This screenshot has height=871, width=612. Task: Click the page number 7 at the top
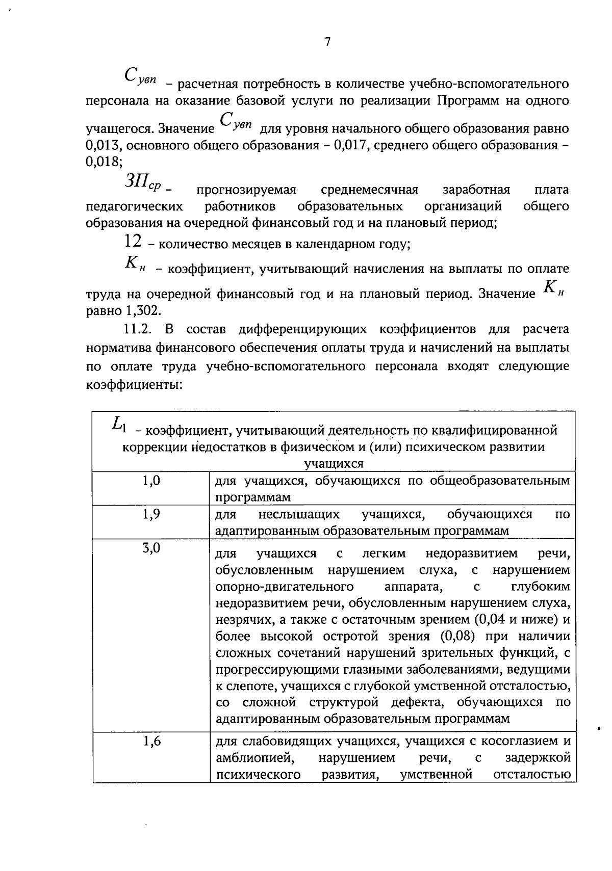pos(327,42)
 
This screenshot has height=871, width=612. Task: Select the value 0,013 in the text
pos(104,145)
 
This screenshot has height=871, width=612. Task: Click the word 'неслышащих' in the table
pos(299,514)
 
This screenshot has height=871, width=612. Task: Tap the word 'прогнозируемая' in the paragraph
pos(246,190)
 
